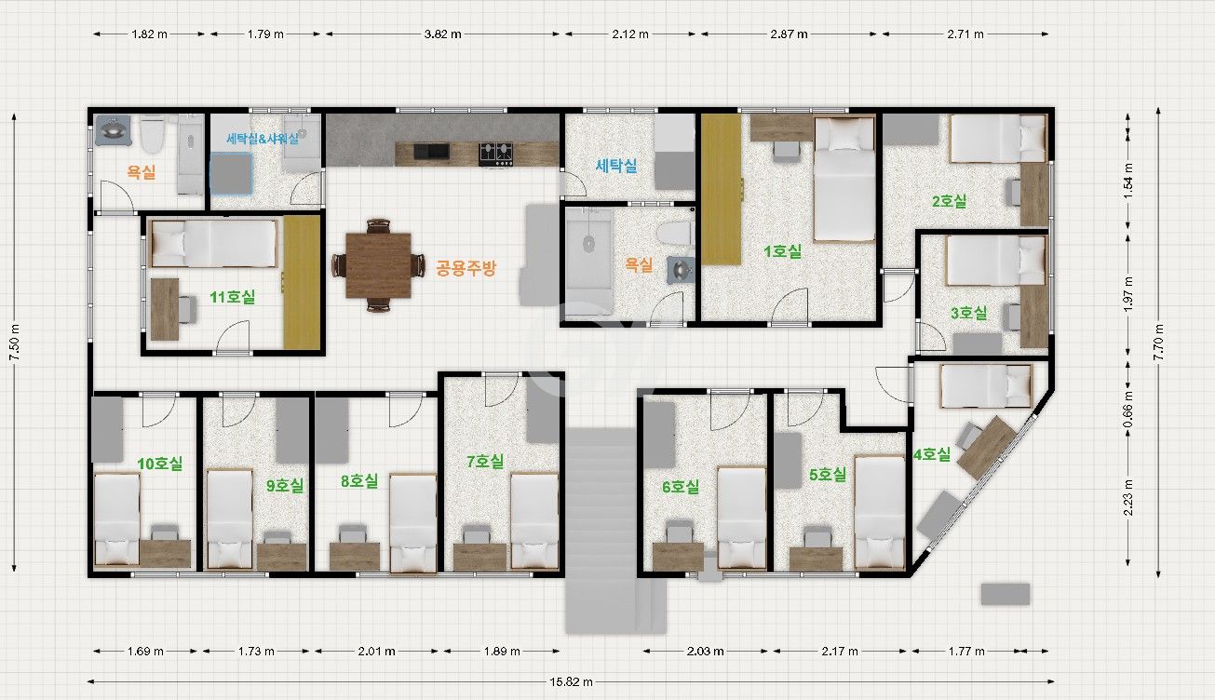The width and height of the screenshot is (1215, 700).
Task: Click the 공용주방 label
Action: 466,268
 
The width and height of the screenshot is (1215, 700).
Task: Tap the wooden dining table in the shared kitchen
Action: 378,265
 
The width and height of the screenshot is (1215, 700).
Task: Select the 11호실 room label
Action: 232,297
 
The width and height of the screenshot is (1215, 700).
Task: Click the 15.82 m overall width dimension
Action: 571,681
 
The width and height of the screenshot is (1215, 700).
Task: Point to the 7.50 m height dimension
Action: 15,343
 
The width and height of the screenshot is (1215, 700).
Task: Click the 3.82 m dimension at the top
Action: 442,34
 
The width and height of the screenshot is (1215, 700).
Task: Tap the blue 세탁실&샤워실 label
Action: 263,139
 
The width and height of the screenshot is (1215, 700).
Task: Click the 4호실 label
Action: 931,454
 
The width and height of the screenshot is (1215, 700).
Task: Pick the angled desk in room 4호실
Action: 986,448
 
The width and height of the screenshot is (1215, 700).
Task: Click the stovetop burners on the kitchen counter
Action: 495,154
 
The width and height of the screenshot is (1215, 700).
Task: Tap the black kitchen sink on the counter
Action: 431,152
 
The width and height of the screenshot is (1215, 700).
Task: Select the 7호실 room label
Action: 485,462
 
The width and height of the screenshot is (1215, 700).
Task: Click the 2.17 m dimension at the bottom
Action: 839,651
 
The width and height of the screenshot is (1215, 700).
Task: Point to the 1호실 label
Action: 782,251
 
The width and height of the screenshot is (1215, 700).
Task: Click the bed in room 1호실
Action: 844,179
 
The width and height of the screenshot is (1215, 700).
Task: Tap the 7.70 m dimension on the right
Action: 1158,343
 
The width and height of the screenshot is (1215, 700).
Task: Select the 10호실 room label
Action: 159,464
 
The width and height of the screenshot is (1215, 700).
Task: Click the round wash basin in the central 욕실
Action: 681,269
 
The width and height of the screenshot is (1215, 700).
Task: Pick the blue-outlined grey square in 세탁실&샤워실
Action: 231,173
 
